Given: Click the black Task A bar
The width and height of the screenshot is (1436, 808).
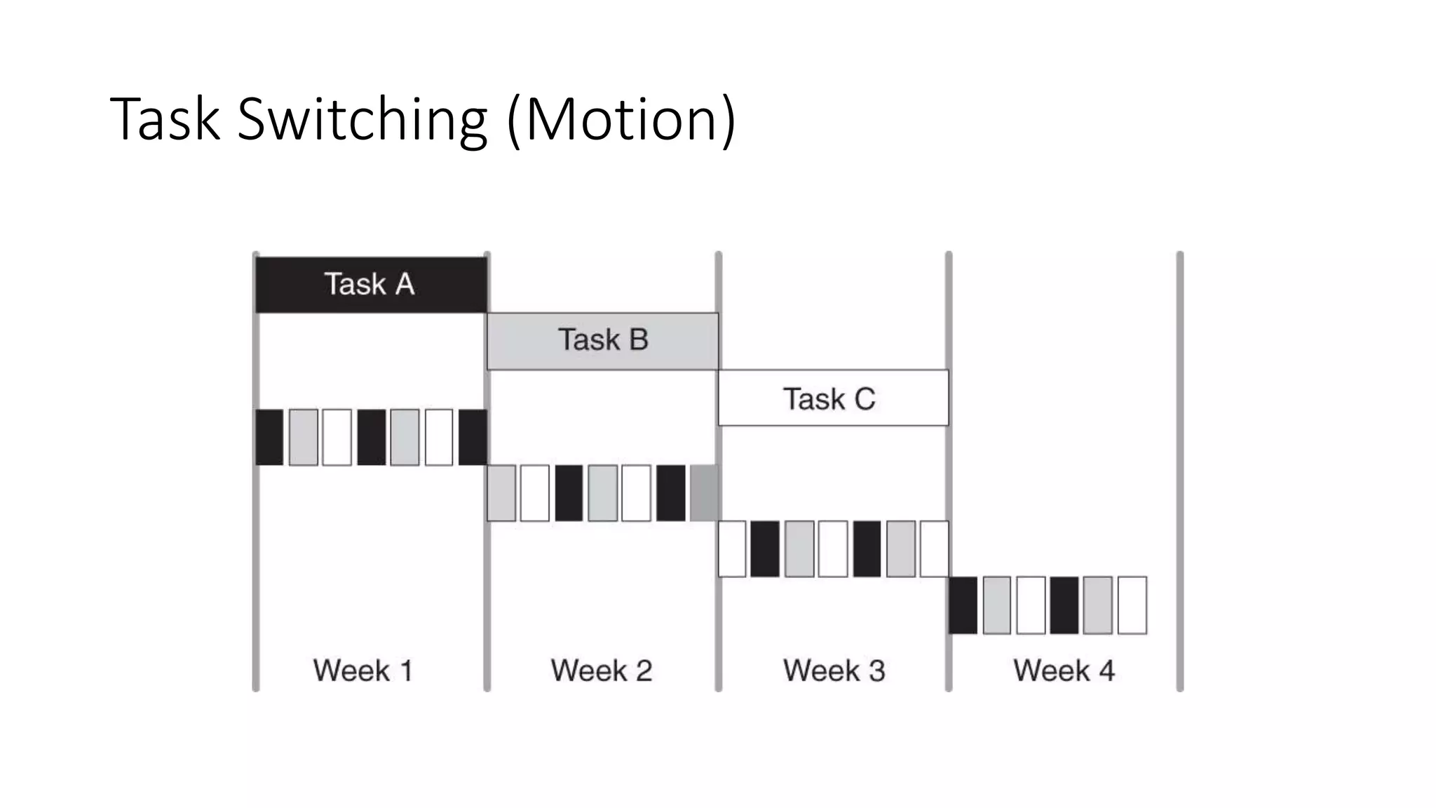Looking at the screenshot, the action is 370,284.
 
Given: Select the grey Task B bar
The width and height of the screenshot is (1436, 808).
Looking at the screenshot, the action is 602,341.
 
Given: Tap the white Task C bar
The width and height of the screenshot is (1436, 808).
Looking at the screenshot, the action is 833,398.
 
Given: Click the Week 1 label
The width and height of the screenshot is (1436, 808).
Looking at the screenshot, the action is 363,671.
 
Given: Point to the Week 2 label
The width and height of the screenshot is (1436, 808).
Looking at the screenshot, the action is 601,671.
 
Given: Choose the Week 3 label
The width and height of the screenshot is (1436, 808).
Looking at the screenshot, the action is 834,671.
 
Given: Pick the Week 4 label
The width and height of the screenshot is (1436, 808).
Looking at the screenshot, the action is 1064,671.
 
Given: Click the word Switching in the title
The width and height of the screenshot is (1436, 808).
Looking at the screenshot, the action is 362,119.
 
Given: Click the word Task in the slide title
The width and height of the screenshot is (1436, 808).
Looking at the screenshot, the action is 165,119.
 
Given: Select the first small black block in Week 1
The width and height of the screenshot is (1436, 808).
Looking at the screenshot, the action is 269,437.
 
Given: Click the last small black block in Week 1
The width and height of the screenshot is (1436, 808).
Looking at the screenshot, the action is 473,437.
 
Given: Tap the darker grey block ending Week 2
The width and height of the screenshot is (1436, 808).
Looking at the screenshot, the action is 704,493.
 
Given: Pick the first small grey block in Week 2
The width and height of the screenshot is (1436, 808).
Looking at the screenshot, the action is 501,493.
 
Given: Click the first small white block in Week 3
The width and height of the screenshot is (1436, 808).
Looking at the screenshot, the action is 732,549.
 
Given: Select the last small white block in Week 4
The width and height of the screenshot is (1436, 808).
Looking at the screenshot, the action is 1132,605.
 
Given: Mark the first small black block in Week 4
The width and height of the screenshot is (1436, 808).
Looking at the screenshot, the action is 963,605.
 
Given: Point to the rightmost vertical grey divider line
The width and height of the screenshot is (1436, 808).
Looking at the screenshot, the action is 1179,470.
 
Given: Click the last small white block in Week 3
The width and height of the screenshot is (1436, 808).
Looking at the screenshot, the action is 934,549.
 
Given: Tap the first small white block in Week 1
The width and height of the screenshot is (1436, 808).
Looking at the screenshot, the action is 337,437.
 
